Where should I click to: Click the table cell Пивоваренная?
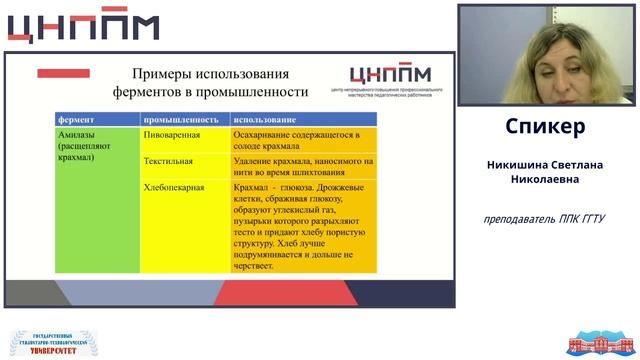(173, 134)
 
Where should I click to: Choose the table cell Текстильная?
(169, 160)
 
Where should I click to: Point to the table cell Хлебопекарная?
(175, 187)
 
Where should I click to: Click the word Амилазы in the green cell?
(79, 134)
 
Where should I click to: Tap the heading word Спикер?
(545, 127)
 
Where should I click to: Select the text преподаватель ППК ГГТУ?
(545, 219)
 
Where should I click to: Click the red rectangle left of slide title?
(63, 73)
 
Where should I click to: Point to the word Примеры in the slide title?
(163, 74)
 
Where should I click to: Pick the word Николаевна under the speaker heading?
(546, 180)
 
